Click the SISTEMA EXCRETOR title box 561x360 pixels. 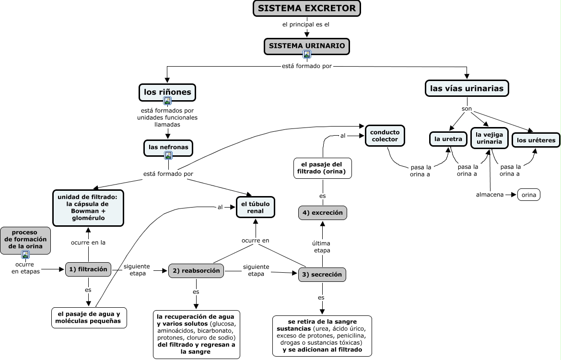click(306, 8)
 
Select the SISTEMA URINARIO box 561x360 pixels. click(306, 46)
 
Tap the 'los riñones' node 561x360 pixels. click(167, 93)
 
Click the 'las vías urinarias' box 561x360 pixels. click(467, 88)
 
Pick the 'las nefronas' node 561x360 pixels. click(168, 148)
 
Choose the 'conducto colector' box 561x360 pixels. click(385, 136)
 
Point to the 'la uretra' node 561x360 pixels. click(448, 139)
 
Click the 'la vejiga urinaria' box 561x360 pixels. click(489, 138)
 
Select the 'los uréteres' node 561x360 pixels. click(536, 140)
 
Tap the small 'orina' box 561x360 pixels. click(528, 195)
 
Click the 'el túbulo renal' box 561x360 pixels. click(255, 207)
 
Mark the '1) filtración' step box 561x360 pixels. click(88, 269)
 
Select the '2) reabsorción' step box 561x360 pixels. click(196, 270)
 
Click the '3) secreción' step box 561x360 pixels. click(322, 275)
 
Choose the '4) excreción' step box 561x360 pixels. click(322, 212)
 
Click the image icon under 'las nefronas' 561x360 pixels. click(168, 155)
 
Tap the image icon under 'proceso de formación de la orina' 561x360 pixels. click(25, 255)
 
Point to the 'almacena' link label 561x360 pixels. click(490, 195)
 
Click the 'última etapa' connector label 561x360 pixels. click(322, 246)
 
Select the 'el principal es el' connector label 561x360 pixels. click(306, 24)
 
